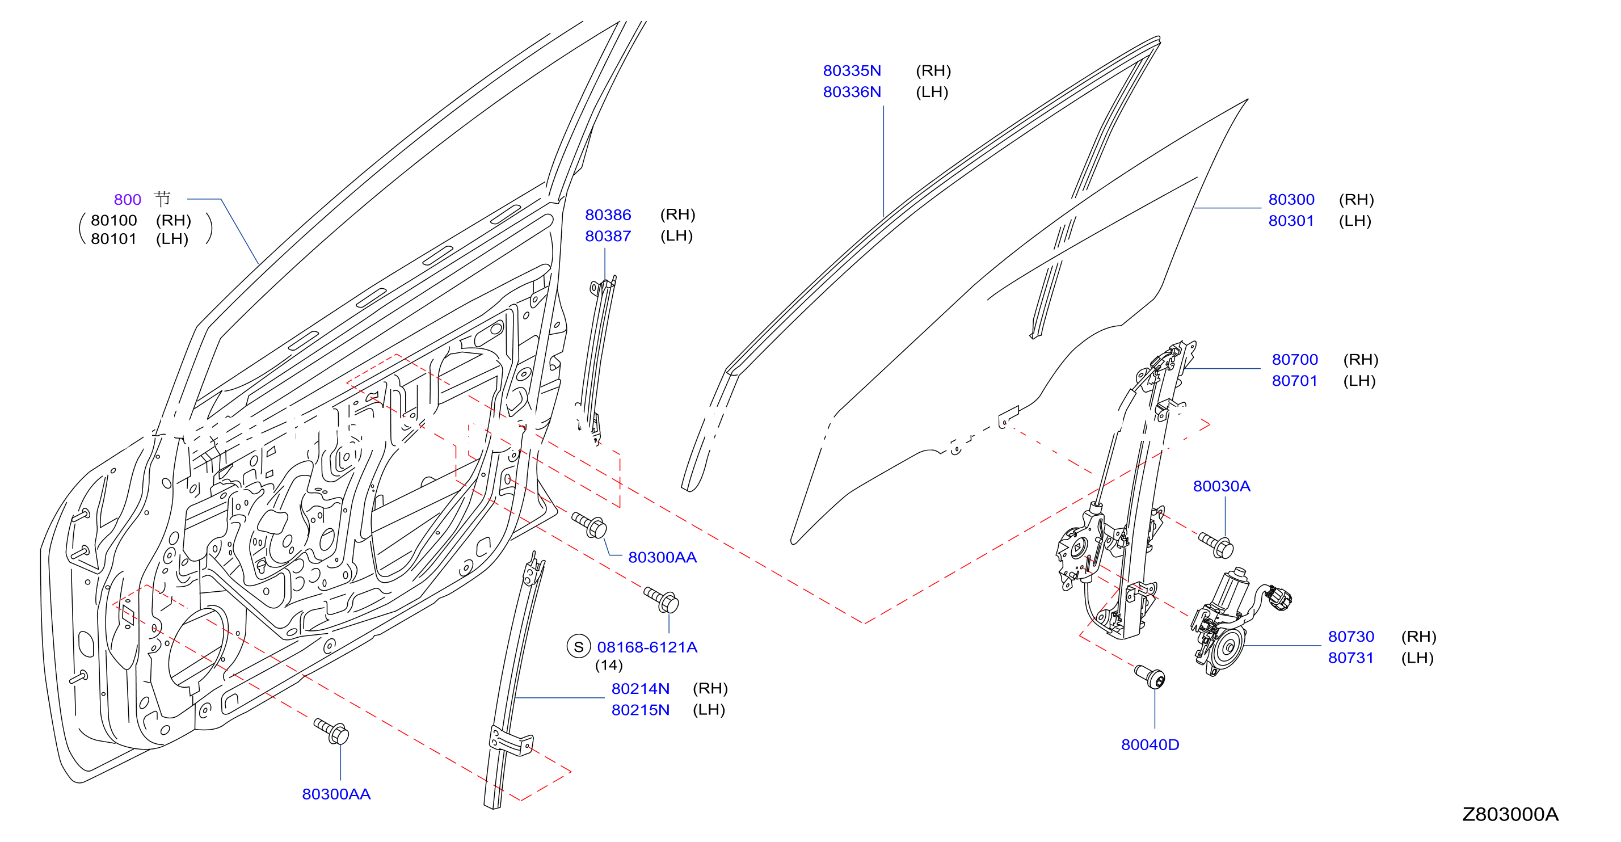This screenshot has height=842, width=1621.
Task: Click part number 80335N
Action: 852,70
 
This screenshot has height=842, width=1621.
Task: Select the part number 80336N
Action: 852,92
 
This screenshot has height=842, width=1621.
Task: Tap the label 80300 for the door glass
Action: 1291,200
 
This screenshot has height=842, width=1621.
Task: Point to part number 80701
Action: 1294,381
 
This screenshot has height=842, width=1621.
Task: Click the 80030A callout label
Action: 1221,486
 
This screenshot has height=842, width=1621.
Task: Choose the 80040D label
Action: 1150,744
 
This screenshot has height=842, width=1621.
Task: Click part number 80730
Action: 1350,636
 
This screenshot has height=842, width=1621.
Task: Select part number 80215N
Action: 640,710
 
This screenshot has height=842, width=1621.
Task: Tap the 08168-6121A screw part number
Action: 647,647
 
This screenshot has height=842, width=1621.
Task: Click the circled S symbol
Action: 578,646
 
